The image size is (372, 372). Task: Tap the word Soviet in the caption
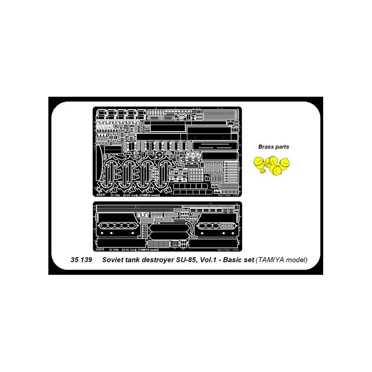coord(113,260)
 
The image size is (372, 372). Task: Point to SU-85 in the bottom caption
coord(192,260)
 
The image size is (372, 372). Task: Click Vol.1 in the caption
coord(216,260)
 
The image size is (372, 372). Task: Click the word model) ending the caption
coord(299,260)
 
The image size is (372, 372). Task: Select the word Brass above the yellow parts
coord(266,147)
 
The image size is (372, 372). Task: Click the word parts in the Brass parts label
coord(282,147)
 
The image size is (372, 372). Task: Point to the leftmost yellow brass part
coord(259,162)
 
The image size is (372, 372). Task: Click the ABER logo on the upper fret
coord(100,195)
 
